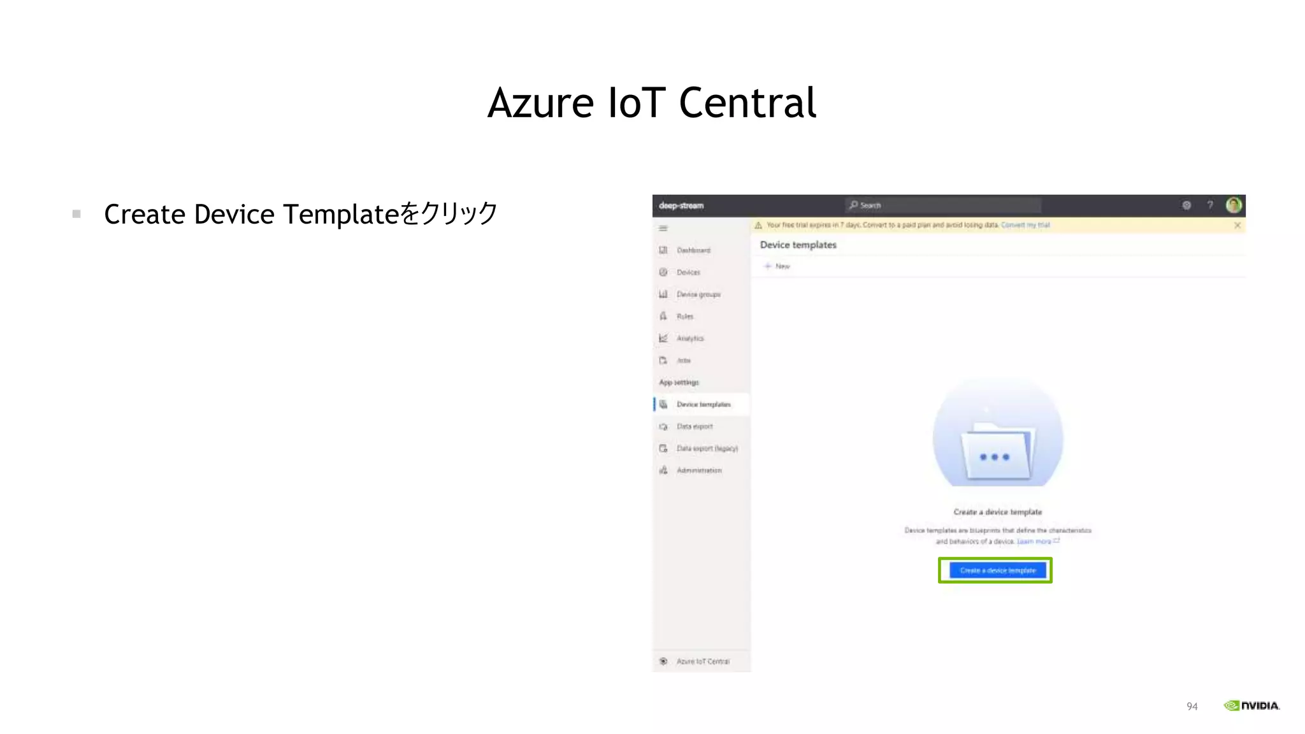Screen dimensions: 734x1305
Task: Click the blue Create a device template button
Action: [x=997, y=570]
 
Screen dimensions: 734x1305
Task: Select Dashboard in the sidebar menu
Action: [x=693, y=250]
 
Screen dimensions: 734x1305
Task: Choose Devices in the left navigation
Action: [x=688, y=273]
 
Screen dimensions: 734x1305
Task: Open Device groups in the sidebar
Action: [x=698, y=294]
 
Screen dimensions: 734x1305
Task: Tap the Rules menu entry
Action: [x=684, y=317]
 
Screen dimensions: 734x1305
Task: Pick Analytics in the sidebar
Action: [x=689, y=338]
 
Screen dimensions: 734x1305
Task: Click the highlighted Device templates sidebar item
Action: [x=703, y=405]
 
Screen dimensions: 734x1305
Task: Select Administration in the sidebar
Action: [x=698, y=470]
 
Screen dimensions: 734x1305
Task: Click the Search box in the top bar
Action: [x=943, y=205]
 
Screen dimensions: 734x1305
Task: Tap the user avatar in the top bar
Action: [x=1234, y=205]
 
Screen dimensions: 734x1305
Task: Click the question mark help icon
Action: [x=1210, y=205]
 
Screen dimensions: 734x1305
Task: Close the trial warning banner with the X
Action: [x=1237, y=225]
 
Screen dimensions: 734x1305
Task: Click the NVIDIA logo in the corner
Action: [x=1251, y=705]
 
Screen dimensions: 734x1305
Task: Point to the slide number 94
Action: [x=1192, y=706]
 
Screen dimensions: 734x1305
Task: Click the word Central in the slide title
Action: [x=747, y=103]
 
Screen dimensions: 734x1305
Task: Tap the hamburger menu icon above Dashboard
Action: [x=663, y=228]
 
